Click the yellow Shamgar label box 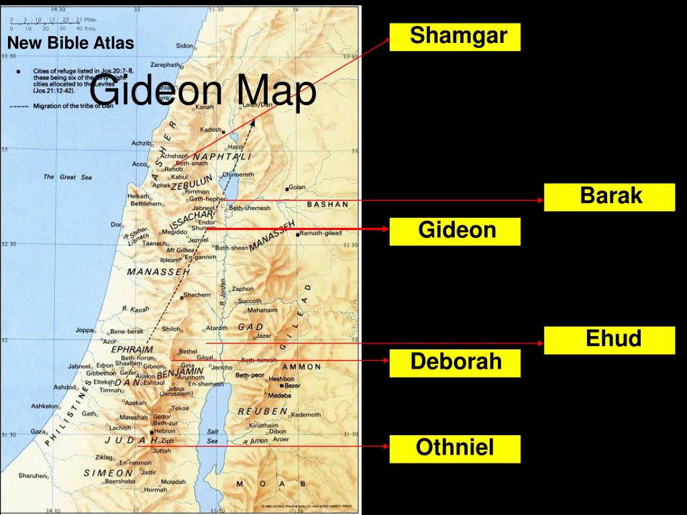point(455,36)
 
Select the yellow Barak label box point(609,196)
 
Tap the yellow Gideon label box point(455,231)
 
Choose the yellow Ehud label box point(609,339)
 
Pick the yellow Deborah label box point(455,363)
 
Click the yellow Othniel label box point(455,448)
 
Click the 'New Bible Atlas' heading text point(70,44)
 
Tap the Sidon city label point(184,46)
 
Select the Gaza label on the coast point(38,432)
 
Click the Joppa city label point(85,330)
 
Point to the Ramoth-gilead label point(321,233)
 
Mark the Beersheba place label point(120,481)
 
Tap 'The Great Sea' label point(67,177)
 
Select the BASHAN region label point(327,204)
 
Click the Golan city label point(297,188)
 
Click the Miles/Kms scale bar point(54,24)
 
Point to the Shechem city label point(197,295)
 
